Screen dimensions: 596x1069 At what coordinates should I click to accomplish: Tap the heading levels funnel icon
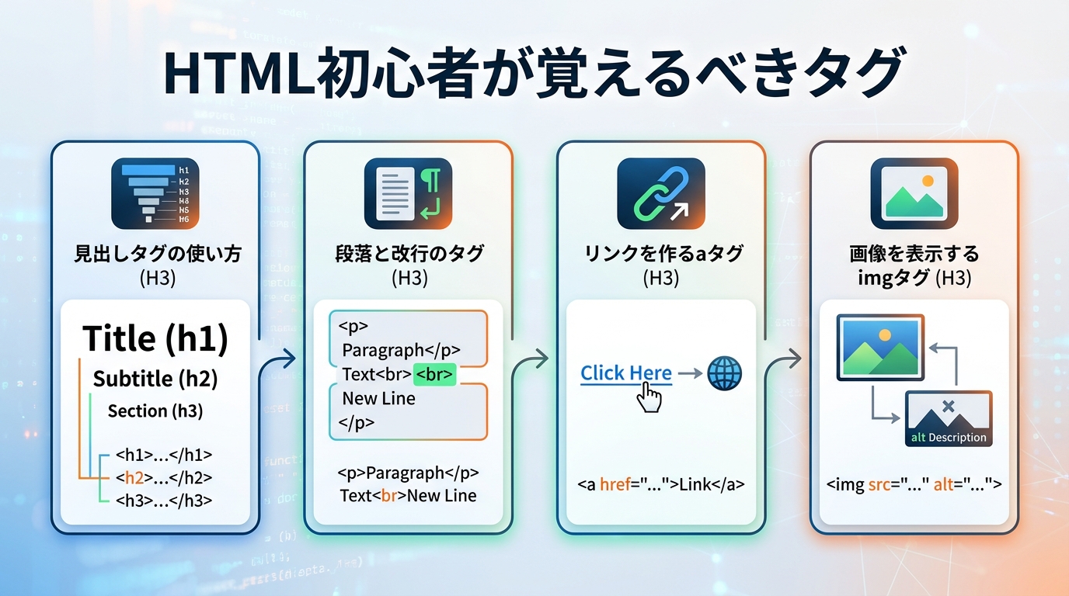[155, 193]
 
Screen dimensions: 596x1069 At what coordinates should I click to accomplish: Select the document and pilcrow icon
[408, 193]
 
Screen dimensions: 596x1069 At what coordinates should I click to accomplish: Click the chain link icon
[660, 193]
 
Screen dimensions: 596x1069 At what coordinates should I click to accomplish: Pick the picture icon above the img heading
[914, 193]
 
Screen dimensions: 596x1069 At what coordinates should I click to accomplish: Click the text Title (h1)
[155, 338]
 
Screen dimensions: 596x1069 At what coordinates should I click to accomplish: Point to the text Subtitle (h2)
[155, 379]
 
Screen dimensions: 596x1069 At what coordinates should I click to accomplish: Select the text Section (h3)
[155, 411]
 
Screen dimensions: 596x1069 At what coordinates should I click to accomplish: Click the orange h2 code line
[163, 478]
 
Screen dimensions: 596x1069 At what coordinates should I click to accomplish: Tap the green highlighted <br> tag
[434, 375]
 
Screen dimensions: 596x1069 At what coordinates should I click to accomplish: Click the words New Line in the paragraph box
[379, 399]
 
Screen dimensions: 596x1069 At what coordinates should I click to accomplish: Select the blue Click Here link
[626, 373]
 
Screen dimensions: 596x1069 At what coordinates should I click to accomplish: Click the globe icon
[724, 374]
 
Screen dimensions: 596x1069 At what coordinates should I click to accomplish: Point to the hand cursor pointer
[649, 398]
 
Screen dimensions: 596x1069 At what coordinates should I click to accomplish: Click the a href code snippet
[660, 485]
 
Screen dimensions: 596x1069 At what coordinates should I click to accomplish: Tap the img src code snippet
[914, 485]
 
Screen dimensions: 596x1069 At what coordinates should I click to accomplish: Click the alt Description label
[949, 438]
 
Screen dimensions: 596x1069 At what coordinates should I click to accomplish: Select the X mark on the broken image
[948, 406]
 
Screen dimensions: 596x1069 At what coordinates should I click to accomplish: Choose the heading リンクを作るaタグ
[660, 253]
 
